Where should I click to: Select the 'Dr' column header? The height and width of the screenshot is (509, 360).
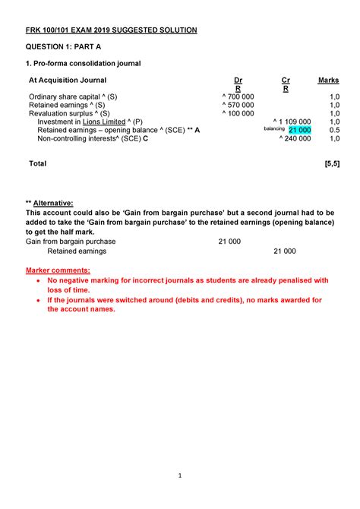point(238,80)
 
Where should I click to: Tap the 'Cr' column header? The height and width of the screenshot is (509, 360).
point(286,80)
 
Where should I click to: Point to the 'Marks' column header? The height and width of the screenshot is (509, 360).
point(328,80)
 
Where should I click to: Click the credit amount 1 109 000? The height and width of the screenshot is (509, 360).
point(292,122)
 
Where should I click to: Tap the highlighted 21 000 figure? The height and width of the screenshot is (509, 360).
point(299,130)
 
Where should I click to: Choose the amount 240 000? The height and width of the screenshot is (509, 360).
point(294,138)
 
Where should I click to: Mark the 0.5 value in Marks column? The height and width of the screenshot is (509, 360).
point(333,130)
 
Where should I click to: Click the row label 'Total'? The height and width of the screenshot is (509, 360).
point(37,163)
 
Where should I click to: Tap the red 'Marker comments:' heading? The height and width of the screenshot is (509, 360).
point(58,270)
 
